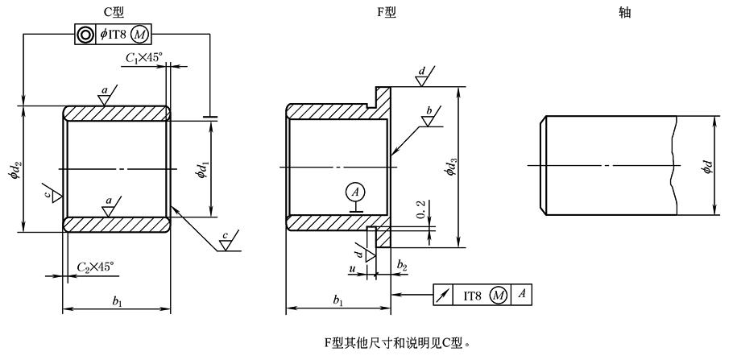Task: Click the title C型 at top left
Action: click(116, 11)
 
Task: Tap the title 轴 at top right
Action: click(624, 11)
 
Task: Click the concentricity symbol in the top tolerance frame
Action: click(84, 34)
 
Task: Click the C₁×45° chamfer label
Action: click(143, 58)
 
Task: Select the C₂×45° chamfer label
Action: click(95, 266)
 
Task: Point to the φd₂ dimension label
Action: click(15, 170)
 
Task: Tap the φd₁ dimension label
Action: click(204, 170)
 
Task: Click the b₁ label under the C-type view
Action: click(118, 301)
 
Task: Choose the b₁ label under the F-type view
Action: click(339, 301)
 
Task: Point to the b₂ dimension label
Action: click(402, 265)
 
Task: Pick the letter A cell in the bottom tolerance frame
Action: click(521, 295)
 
